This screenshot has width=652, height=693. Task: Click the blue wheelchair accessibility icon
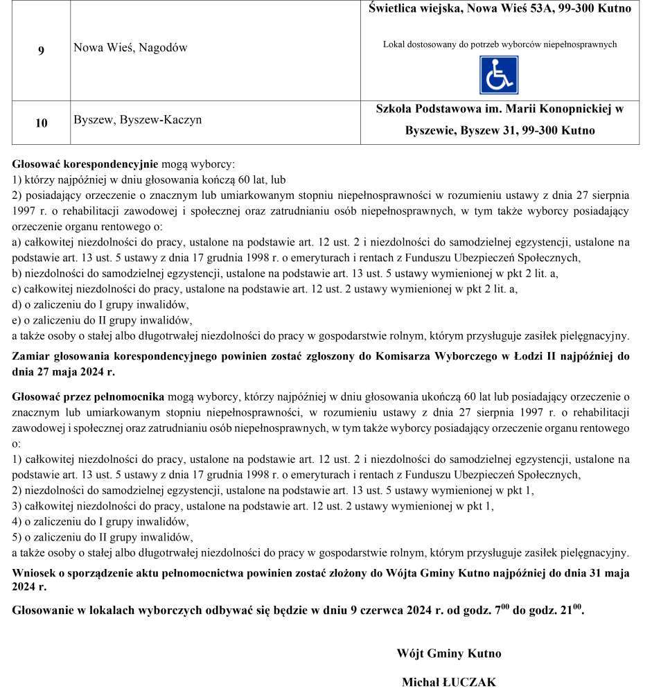(x=499, y=76)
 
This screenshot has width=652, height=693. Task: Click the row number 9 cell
(x=42, y=51)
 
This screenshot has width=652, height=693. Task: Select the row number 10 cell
(x=42, y=123)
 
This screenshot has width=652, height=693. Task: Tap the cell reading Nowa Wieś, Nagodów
(x=130, y=48)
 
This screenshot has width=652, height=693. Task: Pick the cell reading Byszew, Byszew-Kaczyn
(x=138, y=120)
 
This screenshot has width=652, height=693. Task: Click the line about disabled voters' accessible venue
(x=500, y=44)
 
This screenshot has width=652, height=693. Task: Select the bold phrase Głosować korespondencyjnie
(x=85, y=165)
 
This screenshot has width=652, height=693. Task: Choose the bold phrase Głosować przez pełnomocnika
(x=88, y=397)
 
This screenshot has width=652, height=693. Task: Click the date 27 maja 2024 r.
(x=63, y=371)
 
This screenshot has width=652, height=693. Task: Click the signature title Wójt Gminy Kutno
(x=448, y=653)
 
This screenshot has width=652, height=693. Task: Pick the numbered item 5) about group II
(x=103, y=537)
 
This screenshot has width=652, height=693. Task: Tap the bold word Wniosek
(x=35, y=573)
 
